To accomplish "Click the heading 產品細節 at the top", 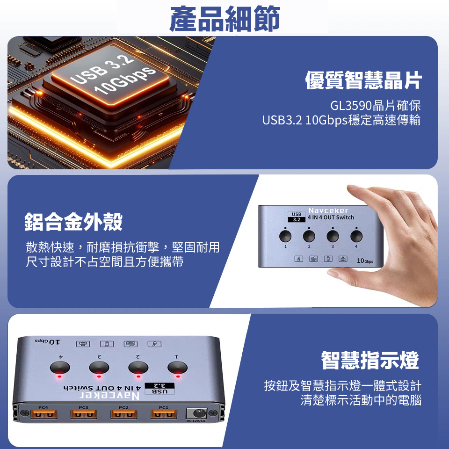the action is click(225, 19).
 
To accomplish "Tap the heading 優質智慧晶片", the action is click(363, 80).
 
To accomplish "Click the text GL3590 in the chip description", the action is click(351, 106).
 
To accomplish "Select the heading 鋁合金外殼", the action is click(73, 222).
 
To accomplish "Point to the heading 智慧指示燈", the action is click(370, 360).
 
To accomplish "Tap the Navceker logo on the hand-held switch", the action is click(328, 210).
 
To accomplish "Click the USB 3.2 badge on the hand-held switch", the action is click(297, 217).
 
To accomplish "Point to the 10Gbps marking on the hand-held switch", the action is click(365, 261).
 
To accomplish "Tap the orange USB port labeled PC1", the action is click(164, 414).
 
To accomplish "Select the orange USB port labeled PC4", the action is click(43, 414).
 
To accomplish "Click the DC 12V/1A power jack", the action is click(196, 413).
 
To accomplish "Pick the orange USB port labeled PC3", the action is click(84, 414).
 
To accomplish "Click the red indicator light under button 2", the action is click(138, 376).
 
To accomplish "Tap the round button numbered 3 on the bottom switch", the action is click(99, 368).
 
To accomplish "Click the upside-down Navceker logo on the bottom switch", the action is click(109, 396).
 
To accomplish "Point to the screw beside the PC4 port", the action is click(24, 413).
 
